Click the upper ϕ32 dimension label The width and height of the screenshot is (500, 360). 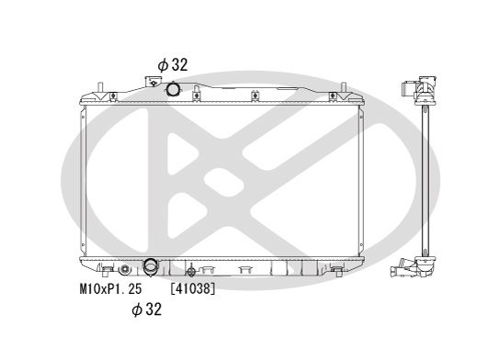click(172, 64)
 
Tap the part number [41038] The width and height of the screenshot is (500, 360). click(193, 287)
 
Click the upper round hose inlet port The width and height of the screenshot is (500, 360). click(172, 90)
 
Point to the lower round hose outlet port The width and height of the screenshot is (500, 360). click(150, 268)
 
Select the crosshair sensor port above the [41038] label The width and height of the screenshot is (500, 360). click(191, 271)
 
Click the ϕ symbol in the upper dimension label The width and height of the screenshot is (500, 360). click(162, 64)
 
